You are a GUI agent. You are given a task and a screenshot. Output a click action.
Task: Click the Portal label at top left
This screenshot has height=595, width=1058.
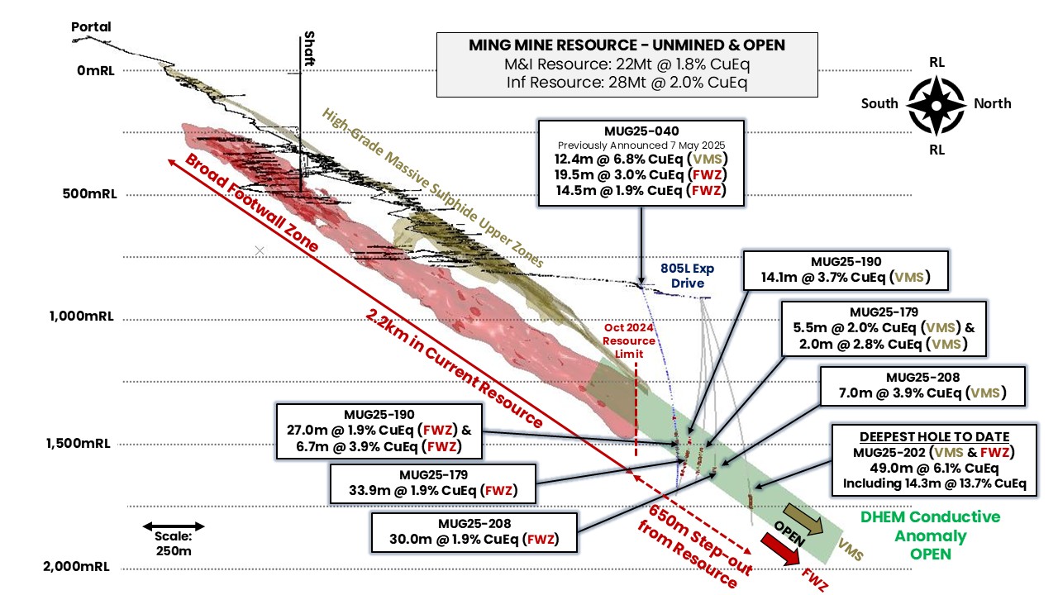[91, 26]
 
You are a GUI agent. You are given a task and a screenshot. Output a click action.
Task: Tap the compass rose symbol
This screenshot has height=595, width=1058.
[936, 104]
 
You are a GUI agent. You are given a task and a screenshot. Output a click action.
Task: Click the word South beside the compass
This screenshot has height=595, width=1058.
[879, 103]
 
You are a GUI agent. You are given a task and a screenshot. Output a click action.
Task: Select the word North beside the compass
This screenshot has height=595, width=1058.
[992, 103]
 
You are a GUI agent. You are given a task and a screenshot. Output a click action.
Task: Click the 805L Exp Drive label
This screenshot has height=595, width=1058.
[688, 276]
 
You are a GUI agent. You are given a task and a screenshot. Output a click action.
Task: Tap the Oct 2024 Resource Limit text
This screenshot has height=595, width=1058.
[628, 340]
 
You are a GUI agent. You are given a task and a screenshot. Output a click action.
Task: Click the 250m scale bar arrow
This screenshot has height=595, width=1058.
[173, 526]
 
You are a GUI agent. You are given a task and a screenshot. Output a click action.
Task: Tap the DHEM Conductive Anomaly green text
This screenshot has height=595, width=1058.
[930, 535]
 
